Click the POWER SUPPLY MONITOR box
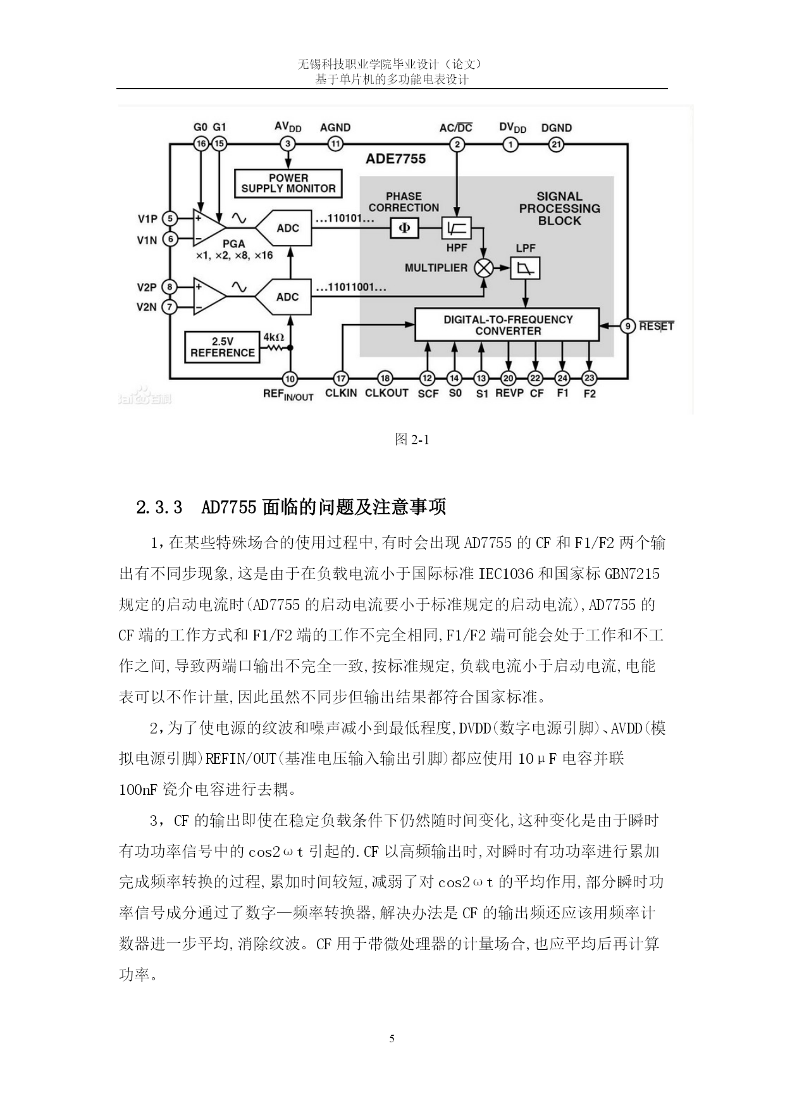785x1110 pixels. point(288,184)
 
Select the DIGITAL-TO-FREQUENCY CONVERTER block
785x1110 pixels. point(507,325)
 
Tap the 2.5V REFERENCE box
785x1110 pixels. point(222,347)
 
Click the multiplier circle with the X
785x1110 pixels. point(484,268)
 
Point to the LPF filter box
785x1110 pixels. point(525,268)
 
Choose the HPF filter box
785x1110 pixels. point(456,228)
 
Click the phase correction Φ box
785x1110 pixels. point(404,228)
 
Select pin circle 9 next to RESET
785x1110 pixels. point(627,326)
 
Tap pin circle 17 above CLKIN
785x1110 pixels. point(341,378)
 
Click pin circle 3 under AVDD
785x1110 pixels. point(288,144)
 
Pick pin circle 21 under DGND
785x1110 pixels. point(556,144)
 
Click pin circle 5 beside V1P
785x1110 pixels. point(170,219)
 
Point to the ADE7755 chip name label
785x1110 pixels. point(395,159)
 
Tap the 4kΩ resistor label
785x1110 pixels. point(273,337)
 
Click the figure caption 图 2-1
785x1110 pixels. point(412,439)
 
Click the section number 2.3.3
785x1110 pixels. point(159,507)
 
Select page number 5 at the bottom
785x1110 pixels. point(392,1038)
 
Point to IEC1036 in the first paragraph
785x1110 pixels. point(505,574)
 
